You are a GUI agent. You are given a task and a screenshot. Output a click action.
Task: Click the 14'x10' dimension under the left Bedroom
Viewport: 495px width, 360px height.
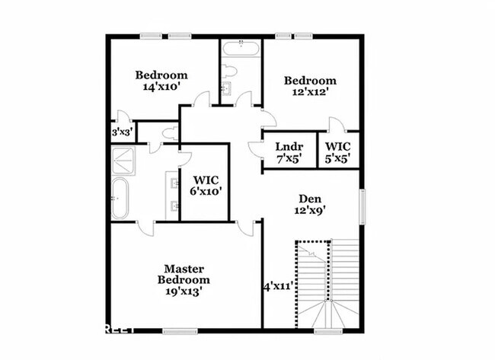point(161,88)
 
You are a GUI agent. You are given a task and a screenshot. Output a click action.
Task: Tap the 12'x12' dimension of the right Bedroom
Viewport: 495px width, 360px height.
point(310,93)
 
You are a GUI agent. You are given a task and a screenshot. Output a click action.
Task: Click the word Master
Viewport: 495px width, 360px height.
point(184,268)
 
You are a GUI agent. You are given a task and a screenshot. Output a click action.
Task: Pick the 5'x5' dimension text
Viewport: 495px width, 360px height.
point(338,159)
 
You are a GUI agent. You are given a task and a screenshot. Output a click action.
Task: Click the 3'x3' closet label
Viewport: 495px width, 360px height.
point(122,132)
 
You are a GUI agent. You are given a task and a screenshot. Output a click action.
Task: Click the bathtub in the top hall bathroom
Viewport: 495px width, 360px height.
point(241,49)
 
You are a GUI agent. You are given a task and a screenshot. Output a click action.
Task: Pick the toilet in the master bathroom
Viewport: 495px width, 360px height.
point(170,134)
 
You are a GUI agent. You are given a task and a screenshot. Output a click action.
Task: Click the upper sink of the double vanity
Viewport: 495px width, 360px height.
point(174,183)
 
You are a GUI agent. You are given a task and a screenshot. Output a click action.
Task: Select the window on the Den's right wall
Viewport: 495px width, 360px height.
point(362,205)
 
